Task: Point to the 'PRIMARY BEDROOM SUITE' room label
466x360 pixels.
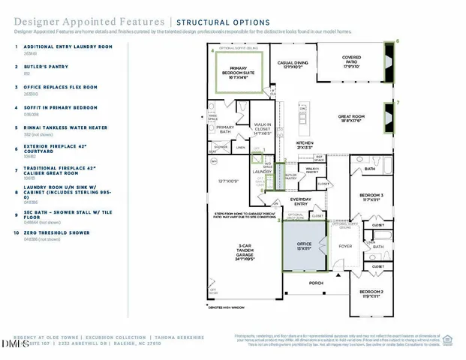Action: pyautogui.click(x=243, y=69)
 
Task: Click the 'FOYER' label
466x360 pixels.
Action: pyautogui.click(x=346, y=244)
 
